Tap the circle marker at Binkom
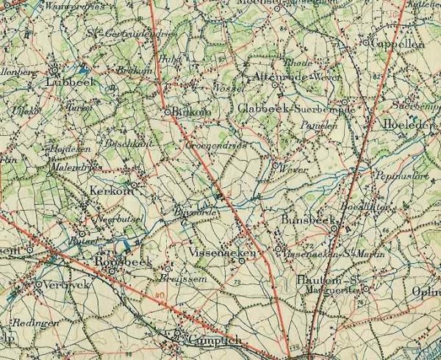pyautogui.click(x=168, y=112)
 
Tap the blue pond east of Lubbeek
pyautogui.click(x=85, y=71)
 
